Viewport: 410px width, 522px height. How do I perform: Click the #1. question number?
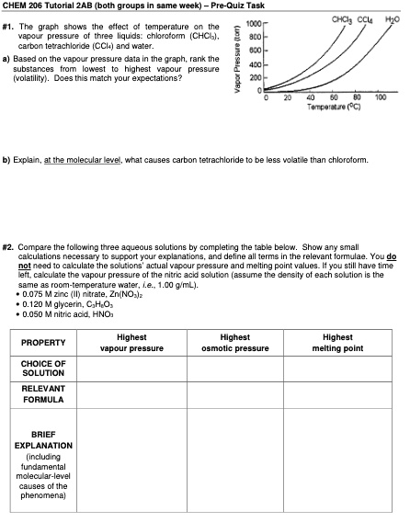12,27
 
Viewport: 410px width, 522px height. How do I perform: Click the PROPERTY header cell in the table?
39,342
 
